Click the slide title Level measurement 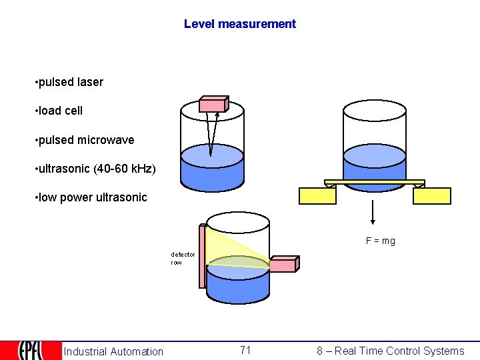(x=240, y=24)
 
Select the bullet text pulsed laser (x=71, y=82)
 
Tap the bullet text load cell (x=60, y=111)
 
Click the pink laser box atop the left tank (x=214, y=104)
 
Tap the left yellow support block (x=317, y=196)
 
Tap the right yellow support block (x=431, y=196)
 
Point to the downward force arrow (x=373, y=213)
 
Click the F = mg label (x=380, y=241)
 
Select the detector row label (x=183, y=258)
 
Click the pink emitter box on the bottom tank (x=283, y=265)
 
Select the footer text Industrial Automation (x=113, y=351)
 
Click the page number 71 (x=245, y=350)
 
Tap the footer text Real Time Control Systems (x=390, y=351)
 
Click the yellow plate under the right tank (x=374, y=182)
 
